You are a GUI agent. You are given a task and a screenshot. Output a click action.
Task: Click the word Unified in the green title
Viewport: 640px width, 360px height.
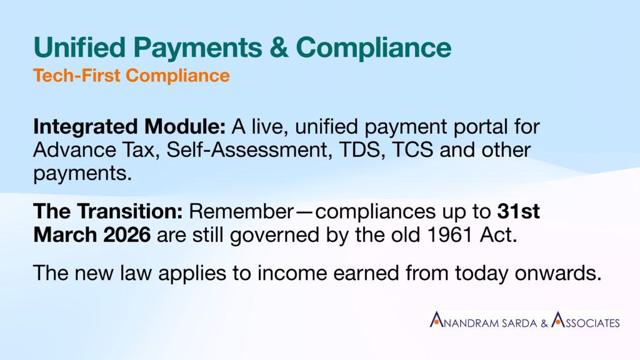pos(79,47)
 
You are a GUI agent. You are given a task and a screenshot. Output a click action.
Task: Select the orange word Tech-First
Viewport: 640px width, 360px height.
pos(77,76)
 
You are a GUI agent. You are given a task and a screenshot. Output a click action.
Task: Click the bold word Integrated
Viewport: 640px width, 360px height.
pos(86,127)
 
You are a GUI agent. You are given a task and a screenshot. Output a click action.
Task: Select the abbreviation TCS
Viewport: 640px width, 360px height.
pos(412,150)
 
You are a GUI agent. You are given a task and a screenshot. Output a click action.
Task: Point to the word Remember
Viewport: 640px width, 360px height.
pos(241,211)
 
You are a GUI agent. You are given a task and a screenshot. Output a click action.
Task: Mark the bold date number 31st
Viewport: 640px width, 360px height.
pos(518,211)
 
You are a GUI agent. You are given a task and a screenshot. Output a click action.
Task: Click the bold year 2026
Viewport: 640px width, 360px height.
pos(127,235)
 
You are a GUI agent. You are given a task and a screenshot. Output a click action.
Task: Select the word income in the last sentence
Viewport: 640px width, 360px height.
pos(292,272)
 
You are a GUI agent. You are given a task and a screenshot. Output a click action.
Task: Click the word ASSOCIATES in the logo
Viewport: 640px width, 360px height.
pos(585,320)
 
